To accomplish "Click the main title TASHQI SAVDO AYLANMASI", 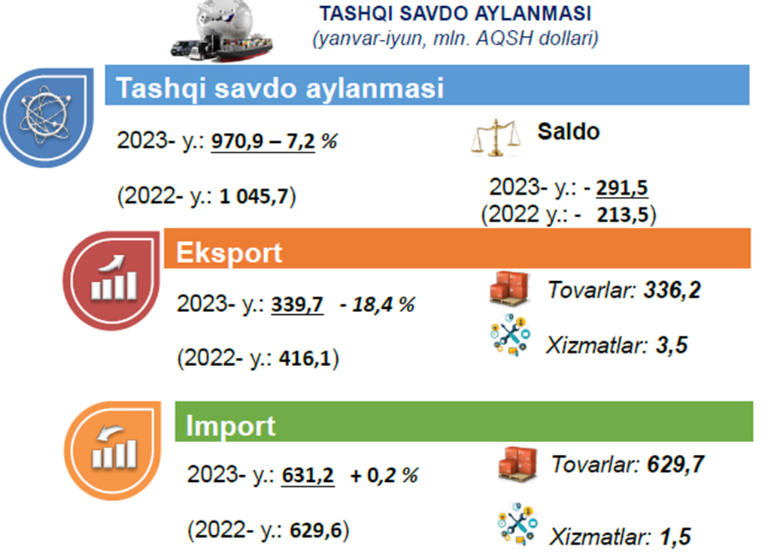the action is [456, 14].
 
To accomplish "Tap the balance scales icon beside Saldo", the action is [495, 138].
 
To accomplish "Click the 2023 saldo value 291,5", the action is [622, 188].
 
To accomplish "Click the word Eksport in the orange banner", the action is [229, 253].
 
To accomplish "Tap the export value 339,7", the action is [297, 304].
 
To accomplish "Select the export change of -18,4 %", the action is [377, 304].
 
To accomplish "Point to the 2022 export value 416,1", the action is [305, 359].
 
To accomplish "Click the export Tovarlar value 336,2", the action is [672, 290].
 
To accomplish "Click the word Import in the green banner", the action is [230, 425].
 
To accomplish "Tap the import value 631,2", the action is [308, 475].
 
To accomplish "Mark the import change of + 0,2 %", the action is [384, 475].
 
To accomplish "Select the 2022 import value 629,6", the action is [316, 530].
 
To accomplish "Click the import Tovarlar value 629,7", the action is [675, 465].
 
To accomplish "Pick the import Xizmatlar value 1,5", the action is [675, 537].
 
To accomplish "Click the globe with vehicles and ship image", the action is [223, 30].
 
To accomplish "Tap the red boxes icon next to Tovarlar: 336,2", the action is [509, 289].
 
